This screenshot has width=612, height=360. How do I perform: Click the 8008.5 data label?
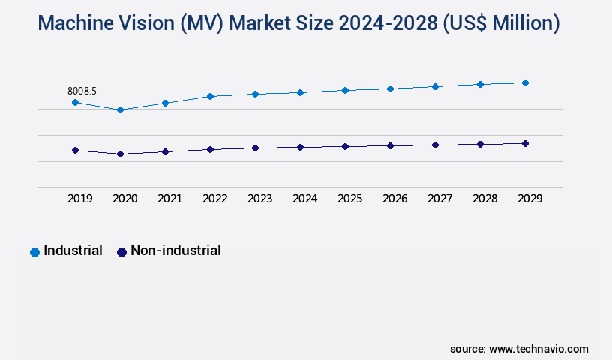tap(82, 91)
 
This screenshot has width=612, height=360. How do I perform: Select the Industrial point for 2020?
tap(120, 109)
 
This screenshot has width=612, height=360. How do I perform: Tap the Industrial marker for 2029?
tap(525, 82)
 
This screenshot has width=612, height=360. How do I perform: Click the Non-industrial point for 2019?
tap(75, 150)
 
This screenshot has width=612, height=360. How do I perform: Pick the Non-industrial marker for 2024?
tap(300, 147)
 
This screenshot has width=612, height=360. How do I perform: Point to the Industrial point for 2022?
tap(210, 96)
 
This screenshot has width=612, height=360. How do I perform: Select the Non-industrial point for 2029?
tap(525, 143)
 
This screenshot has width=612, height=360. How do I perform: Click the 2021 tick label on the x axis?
tap(170, 199)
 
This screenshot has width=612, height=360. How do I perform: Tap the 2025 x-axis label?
tap(350, 199)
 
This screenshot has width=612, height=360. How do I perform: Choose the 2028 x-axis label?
tap(485, 199)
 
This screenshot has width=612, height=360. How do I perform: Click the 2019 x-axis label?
tap(80, 199)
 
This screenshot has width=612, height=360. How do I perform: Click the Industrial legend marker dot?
tap(34, 252)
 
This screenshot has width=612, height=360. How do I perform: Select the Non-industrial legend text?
tap(175, 250)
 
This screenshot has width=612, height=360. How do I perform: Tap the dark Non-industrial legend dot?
tap(121, 252)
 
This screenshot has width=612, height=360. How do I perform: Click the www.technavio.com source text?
tap(538, 349)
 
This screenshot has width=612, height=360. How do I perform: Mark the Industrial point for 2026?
tap(390, 88)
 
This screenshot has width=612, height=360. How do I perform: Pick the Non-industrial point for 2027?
tap(435, 145)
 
